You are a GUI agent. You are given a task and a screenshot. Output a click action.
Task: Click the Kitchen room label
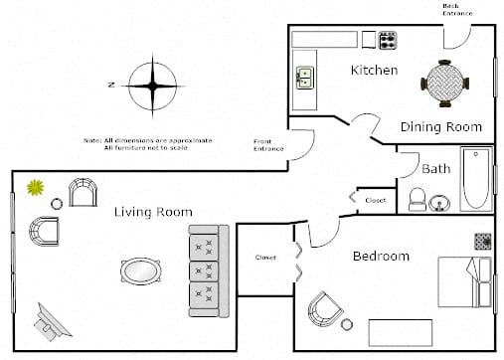tap(374, 71)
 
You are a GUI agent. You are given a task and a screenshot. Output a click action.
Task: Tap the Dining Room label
tap(441, 127)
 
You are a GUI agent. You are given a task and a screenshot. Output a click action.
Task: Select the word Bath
tap(436, 169)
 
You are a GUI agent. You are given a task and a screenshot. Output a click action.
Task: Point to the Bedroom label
tap(381, 256)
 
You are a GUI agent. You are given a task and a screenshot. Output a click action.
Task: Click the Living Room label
tap(153, 212)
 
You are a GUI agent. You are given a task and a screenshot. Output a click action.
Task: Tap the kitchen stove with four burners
tap(388, 41)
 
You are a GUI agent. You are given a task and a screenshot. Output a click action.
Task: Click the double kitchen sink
tap(304, 78)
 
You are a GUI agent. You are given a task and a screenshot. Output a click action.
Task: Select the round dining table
tap(444, 84)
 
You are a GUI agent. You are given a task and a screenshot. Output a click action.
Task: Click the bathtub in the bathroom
tap(476, 179)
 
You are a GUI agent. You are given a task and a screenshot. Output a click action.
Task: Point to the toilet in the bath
tap(418, 200)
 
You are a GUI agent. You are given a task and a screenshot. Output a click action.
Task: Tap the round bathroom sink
tap(439, 203)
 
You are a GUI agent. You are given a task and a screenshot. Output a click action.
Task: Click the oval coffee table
tap(141, 271)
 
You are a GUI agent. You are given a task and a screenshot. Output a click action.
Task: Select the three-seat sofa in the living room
tap(209, 271)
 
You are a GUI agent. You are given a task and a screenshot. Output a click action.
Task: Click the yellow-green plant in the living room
tap(36, 187)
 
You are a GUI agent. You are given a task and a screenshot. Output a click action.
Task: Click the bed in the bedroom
tap(465, 282)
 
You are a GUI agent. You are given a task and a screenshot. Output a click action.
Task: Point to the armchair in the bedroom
tap(325, 309)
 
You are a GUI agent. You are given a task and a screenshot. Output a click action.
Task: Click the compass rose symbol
tap(152, 87)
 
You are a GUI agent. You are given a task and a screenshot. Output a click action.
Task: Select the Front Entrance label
tap(268, 145)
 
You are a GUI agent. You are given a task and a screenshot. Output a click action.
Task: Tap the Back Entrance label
tap(457, 10)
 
